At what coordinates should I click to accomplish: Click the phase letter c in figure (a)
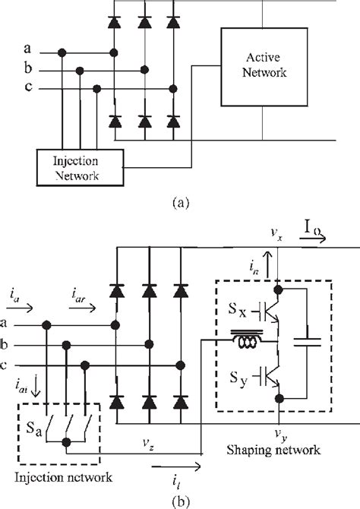(x=28, y=88)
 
